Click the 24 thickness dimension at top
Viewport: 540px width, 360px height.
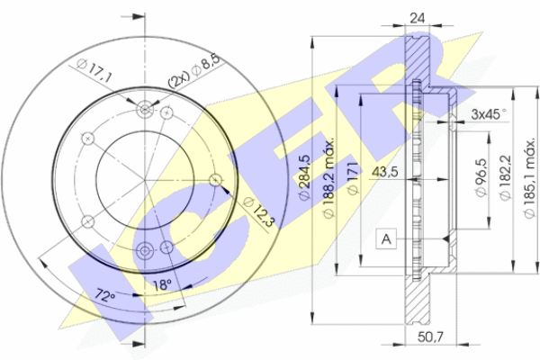pos(417,18)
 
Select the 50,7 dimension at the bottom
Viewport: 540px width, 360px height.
pos(430,337)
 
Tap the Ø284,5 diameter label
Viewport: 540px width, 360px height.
pos(304,176)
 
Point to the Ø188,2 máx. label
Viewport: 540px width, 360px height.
pos(328,178)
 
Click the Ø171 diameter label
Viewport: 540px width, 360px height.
pos(352,178)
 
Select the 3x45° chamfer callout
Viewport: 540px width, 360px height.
pos(489,114)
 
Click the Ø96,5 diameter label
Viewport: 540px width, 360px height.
pos(481,178)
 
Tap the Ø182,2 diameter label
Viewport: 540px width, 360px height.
pos(505,178)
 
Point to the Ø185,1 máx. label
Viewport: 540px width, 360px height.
pos(529,178)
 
